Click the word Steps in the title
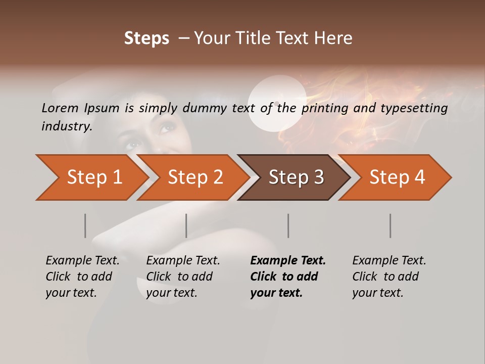coord(147,38)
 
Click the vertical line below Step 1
coord(85,225)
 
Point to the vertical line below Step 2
coord(186,225)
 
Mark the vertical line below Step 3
coord(288,225)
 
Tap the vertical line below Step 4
coord(390,225)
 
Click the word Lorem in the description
coord(60,108)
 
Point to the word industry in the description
coord(67,126)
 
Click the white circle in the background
coord(277,103)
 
